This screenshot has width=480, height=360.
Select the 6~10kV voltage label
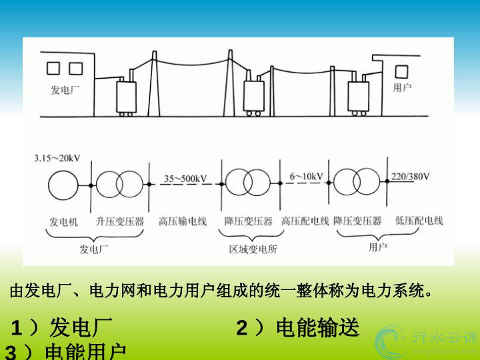click(x=306, y=177)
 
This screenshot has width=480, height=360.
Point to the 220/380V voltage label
click(x=410, y=177)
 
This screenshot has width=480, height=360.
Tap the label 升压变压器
click(x=119, y=221)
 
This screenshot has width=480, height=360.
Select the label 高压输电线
click(x=183, y=221)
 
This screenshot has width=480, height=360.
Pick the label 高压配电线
click(x=305, y=221)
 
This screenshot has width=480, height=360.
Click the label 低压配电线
click(x=419, y=221)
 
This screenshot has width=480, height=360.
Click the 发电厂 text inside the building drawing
click(x=65, y=89)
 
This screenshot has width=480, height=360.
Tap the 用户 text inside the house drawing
click(x=403, y=87)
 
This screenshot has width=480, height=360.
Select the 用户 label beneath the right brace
click(x=378, y=247)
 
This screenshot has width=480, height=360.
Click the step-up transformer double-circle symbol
click(x=119, y=185)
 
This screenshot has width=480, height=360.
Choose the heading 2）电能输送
click(x=297, y=327)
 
